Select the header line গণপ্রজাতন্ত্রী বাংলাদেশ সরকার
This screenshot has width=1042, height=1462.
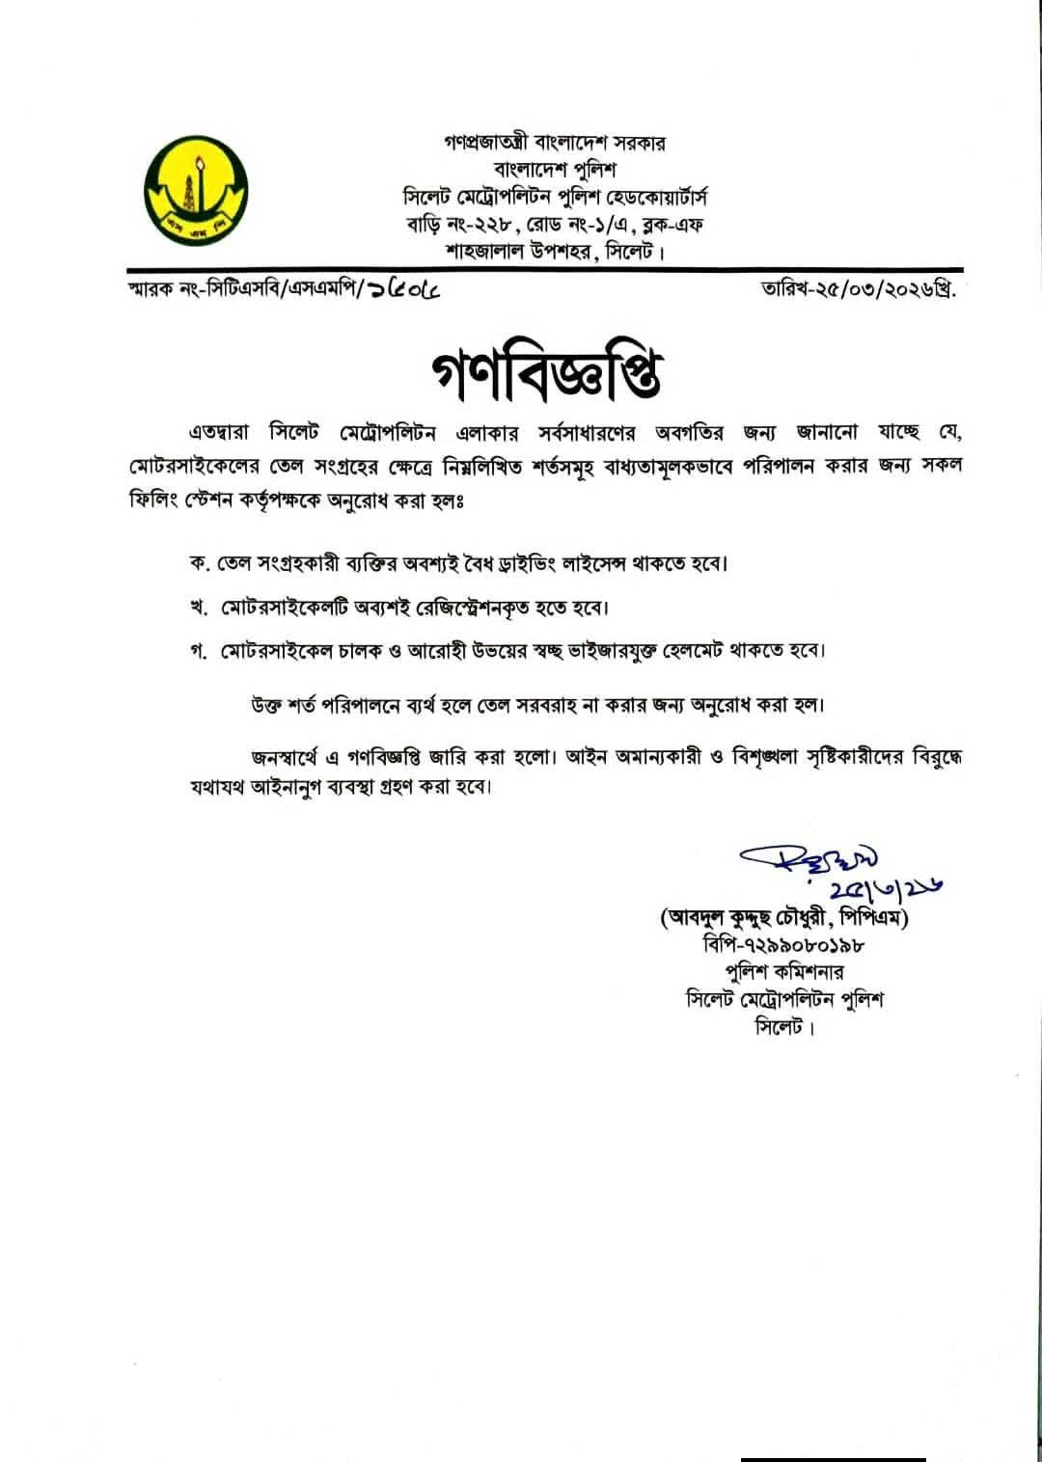(555, 143)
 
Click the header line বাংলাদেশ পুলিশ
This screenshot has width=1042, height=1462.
(555, 171)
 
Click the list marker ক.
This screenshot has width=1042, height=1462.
(197, 563)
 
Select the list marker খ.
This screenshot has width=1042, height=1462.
(197, 609)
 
